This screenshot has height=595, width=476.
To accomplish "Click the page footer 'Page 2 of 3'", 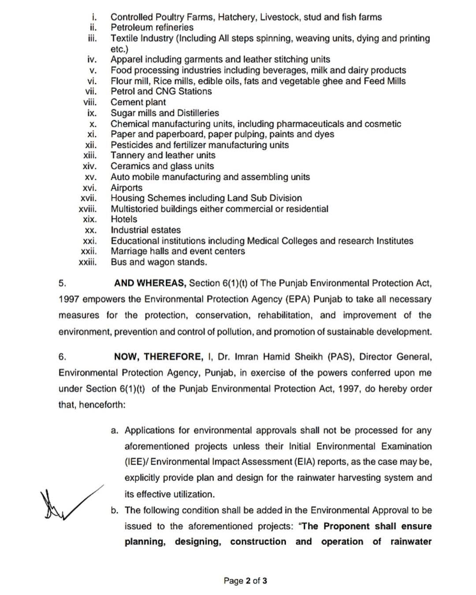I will [x=245, y=580].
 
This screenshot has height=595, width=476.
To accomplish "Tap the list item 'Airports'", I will [x=126, y=188].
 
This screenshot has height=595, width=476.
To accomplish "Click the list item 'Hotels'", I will [x=124, y=219].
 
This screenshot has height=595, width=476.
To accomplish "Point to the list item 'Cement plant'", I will [x=138, y=102].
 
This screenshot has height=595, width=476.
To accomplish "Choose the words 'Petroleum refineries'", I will [x=152, y=27].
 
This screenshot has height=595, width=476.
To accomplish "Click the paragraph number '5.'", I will [x=62, y=283].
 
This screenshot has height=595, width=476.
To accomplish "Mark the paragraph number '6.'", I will [x=62, y=357].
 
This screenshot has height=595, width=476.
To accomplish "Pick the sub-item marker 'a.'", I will [x=115, y=431].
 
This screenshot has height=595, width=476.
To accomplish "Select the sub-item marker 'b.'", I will [x=115, y=510].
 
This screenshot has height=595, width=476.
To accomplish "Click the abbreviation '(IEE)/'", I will [x=136, y=462].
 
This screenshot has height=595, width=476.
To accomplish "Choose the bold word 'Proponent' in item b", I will [x=346, y=526].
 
